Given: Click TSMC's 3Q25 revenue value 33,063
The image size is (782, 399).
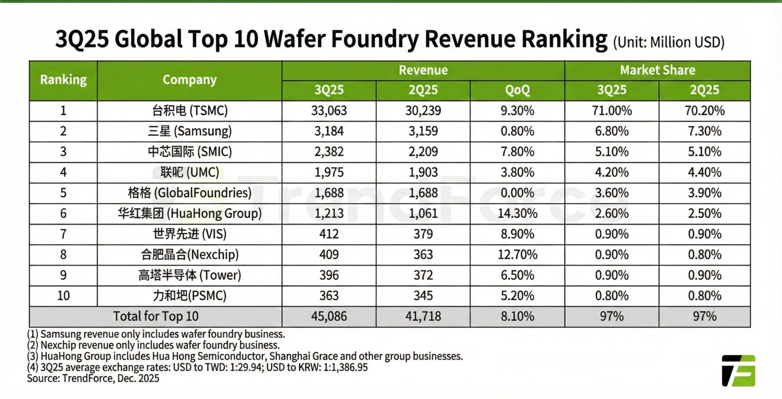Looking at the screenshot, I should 329,111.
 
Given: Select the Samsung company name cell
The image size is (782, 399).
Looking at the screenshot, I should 189,131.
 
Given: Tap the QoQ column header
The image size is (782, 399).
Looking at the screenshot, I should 517,90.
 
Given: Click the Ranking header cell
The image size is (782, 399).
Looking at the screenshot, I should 63,80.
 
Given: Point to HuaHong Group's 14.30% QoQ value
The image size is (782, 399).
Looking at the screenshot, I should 517,213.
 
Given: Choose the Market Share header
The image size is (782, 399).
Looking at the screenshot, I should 657,70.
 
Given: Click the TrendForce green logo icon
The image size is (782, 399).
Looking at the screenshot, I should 738,371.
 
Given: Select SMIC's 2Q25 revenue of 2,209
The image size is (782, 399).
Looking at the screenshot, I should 423,152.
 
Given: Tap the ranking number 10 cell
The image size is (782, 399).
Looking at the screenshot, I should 63,295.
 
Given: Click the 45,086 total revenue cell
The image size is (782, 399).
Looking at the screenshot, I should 329,316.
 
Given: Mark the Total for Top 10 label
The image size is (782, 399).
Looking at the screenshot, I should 156,316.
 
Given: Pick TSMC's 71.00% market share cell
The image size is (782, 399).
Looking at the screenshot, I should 612,111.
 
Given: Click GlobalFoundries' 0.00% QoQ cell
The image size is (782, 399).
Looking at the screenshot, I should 517,193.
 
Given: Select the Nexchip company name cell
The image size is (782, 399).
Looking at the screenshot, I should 189,255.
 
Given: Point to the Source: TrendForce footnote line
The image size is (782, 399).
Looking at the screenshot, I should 93,378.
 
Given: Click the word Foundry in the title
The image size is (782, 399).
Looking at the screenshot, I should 374,39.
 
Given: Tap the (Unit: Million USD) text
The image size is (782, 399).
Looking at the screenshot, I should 668,42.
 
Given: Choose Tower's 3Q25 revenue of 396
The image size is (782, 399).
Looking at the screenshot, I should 329,275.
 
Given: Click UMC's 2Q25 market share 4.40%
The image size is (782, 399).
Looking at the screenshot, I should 704,172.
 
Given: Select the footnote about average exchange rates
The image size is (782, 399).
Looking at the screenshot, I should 197,367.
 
